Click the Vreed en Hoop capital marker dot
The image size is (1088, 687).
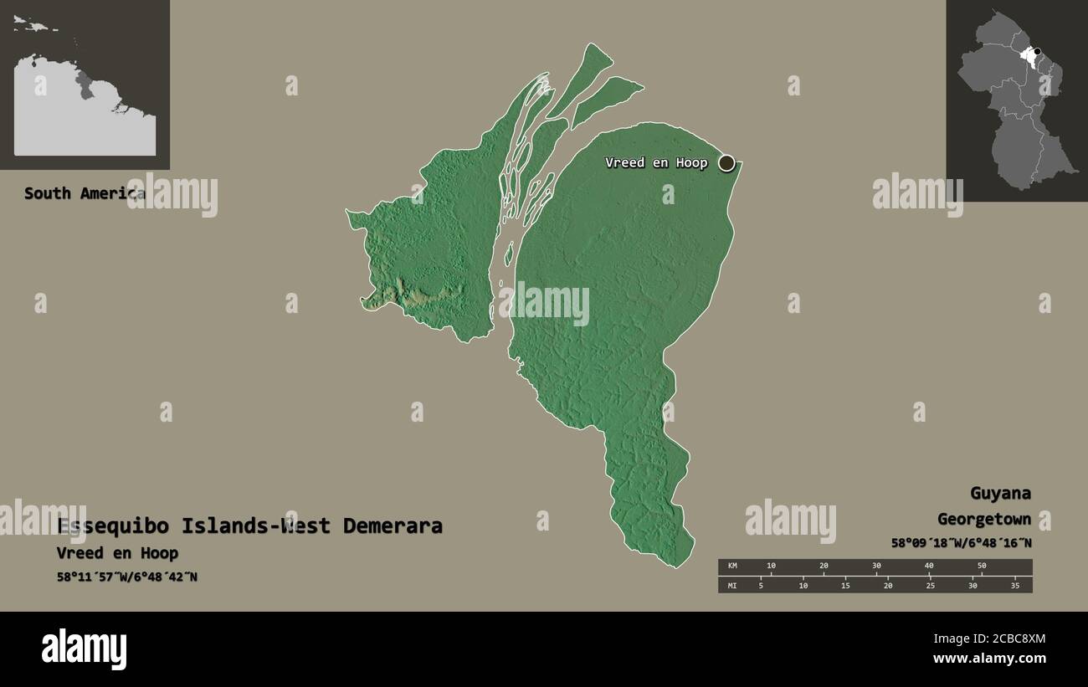point(726,162)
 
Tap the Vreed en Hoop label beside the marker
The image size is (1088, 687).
point(656,162)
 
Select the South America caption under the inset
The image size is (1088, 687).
point(84,193)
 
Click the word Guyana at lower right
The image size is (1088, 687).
point(1000,493)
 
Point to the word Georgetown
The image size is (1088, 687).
point(983,519)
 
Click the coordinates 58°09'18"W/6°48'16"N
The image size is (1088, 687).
point(961,543)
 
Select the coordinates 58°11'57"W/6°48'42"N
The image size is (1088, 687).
point(127,577)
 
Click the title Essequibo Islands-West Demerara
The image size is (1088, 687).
point(249,526)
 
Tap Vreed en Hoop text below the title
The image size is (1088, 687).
point(117,553)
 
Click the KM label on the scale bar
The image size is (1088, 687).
point(732,567)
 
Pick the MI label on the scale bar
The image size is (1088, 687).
point(732,586)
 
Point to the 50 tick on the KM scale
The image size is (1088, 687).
point(982,567)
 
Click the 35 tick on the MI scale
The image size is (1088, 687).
point(1015,586)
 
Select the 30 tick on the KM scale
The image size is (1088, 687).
point(876,567)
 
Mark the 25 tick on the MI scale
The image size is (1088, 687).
point(930,586)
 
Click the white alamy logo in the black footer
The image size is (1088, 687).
point(84,649)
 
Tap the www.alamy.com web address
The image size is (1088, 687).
point(989,659)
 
